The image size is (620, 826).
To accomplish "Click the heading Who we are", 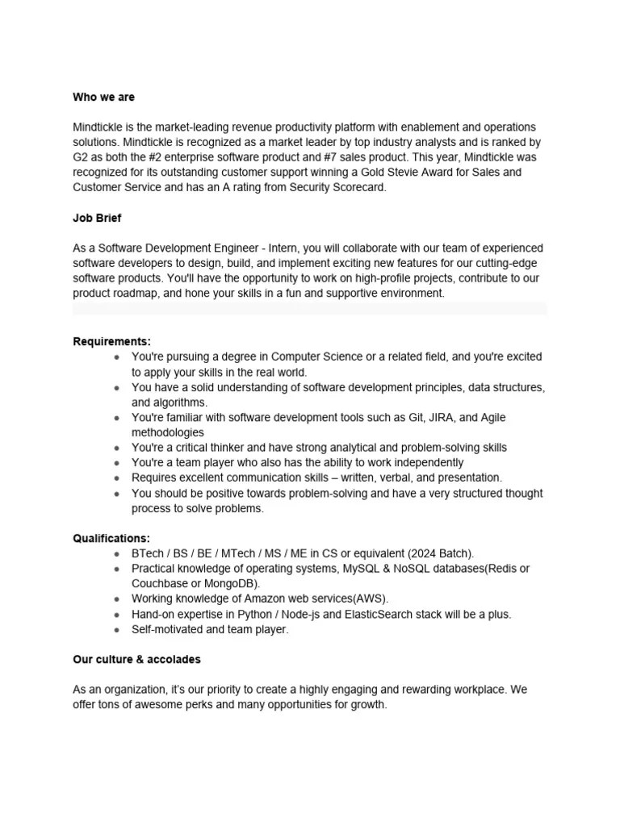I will point(103,97).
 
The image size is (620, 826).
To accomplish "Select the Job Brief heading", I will point(97,218).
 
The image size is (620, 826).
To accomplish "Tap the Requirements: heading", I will point(111,341).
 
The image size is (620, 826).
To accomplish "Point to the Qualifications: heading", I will point(111,538).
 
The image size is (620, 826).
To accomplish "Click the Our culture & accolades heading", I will point(136,659).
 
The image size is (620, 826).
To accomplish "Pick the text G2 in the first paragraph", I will point(81,157).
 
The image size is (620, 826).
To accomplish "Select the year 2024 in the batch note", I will point(423,553).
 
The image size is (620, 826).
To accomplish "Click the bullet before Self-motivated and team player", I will point(118,629).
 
